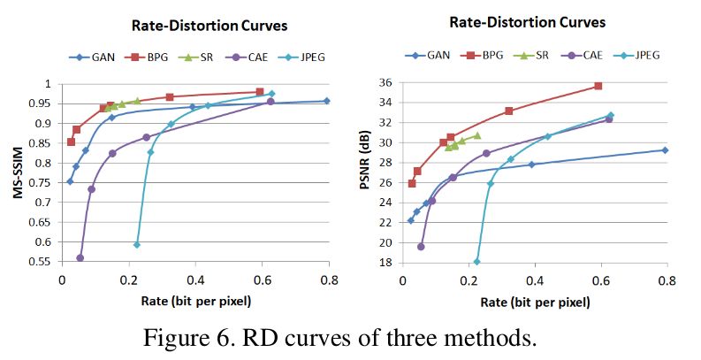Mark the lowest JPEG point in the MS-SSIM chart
pyautogui.click(x=137, y=244)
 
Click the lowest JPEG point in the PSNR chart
pyautogui.click(x=477, y=261)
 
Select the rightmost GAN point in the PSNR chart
pyautogui.click(x=665, y=150)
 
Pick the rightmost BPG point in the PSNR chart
pyautogui.click(x=598, y=86)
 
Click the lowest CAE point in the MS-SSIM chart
pyautogui.click(x=80, y=257)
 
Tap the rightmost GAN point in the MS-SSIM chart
pyautogui.click(x=326, y=101)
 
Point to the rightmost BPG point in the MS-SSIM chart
pyautogui.click(x=260, y=92)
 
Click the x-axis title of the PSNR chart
pyautogui.click(x=535, y=302)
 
